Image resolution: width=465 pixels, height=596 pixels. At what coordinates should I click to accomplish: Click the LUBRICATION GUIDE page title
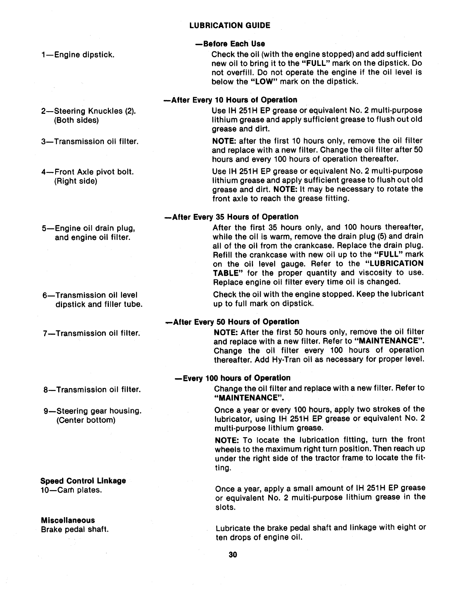pyautogui.click(x=230, y=26)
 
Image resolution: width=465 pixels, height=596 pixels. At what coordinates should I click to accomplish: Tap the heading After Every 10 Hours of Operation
pyautogui.click(x=230, y=100)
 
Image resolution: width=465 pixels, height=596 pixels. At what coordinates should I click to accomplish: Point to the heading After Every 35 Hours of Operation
pyautogui.click(x=231, y=217)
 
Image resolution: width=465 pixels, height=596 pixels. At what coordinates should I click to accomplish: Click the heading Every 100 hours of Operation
pyautogui.click(x=232, y=378)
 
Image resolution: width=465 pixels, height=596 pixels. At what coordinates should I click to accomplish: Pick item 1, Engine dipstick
pyautogui.click(x=78, y=54)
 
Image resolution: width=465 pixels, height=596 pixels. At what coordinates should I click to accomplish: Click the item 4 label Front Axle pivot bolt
pyautogui.click(x=88, y=172)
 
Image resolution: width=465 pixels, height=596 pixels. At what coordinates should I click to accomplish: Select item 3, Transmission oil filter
pyautogui.click(x=89, y=142)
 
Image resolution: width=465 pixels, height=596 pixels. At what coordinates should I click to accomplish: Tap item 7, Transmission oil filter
pyautogui.click(x=91, y=334)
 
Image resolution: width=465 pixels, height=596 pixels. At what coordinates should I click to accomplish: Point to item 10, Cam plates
pyautogui.click(x=71, y=490)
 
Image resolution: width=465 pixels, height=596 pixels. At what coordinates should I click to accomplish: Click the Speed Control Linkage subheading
pyautogui.click(x=83, y=481)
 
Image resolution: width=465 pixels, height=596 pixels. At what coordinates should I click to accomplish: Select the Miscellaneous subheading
pyautogui.click(x=68, y=520)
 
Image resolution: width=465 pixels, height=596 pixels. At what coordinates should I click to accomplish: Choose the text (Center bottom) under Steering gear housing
pyautogui.click(x=85, y=420)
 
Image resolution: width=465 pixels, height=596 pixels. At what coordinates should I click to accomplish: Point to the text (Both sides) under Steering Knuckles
pyautogui.click(x=76, y=120)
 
